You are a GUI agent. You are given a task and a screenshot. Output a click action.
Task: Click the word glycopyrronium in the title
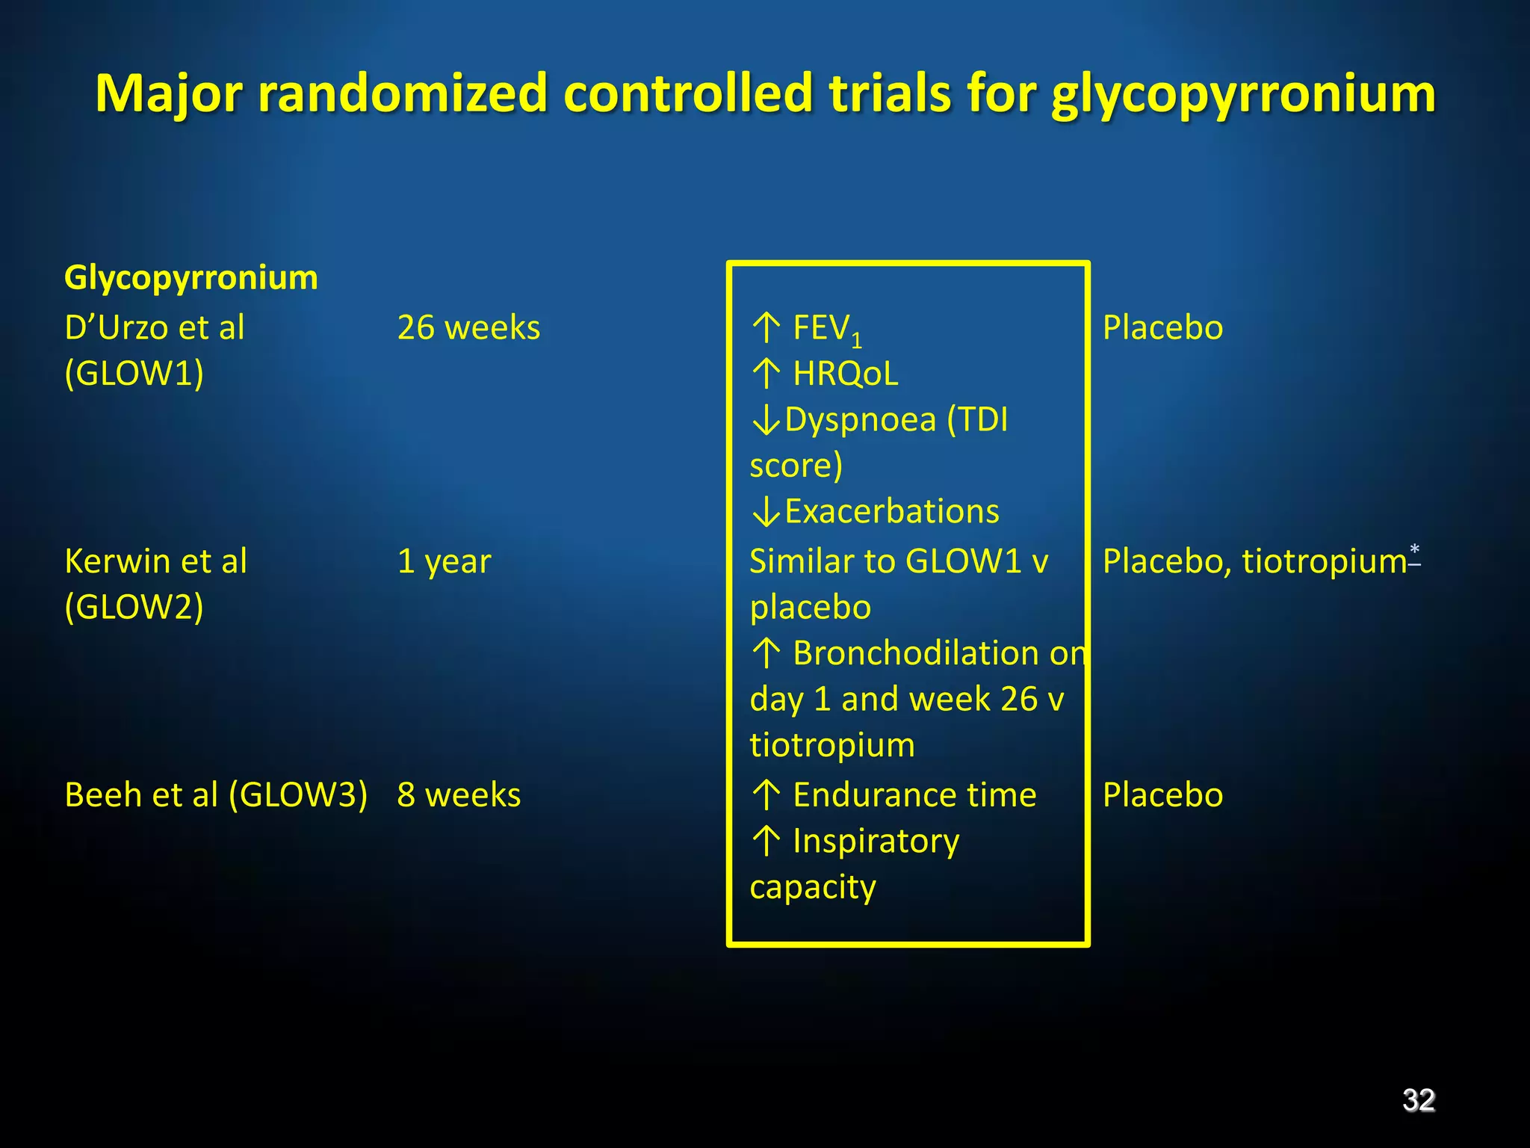[1242, 95]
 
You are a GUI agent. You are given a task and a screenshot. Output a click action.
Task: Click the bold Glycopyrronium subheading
[191, 278]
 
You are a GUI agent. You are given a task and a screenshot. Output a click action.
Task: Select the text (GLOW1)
[134, 374]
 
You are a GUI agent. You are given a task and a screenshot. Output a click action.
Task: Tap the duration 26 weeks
[468, 328]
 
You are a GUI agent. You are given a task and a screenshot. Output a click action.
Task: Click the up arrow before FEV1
[766, 327]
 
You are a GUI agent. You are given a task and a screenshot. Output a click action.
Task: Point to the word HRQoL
[845, 374]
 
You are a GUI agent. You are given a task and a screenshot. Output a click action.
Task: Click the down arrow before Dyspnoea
[766, 421]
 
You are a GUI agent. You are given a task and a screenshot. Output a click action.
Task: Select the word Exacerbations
[891, 512]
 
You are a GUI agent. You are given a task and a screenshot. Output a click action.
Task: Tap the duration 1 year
[444, 561]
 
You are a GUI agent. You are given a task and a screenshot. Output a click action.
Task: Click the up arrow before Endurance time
[766, 794]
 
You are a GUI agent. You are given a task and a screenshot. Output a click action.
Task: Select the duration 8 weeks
[459, 794]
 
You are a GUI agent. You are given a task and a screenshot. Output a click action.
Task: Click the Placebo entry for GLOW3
[1162, 794]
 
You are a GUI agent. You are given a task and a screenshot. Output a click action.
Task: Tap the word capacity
[812, 888]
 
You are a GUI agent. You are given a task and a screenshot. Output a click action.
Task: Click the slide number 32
[1418, 1100]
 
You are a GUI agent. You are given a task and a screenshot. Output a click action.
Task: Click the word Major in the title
[169, 95]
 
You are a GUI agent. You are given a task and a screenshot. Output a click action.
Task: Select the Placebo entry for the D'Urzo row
[1162, 328]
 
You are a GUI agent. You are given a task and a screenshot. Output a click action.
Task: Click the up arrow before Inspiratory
[766, 841]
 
